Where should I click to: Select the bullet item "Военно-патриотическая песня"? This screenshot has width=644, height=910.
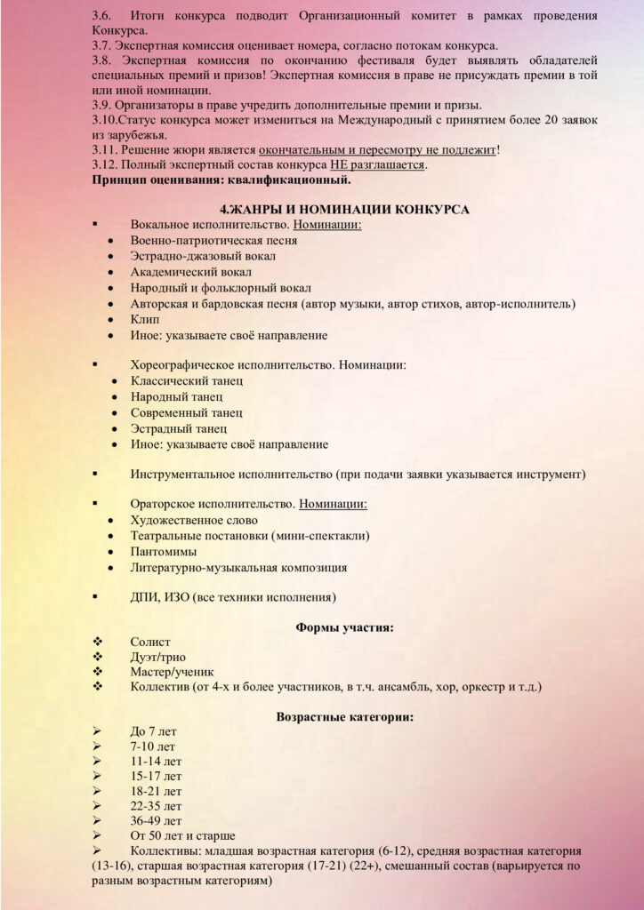coord(213,240)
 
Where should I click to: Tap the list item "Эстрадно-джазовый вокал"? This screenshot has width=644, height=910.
coord(204,256)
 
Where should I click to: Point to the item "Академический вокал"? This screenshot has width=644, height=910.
coord(190,272)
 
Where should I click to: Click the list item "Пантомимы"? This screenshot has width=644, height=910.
coord(164,551)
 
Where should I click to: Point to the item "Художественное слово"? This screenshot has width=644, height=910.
coord(194,520)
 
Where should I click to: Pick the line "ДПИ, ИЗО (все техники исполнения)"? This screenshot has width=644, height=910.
coord(234,597)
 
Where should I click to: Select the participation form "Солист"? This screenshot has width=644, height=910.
coord(150,642)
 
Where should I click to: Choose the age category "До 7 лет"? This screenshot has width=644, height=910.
coord(153,731)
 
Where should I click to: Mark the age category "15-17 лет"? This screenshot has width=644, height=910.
coord(156,776)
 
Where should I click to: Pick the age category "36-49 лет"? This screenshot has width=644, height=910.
coord(156,820)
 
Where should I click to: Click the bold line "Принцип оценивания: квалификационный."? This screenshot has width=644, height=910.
coord(221,180)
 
